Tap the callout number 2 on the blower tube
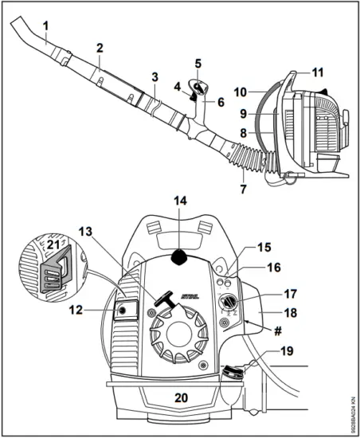(x=100, y=49)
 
